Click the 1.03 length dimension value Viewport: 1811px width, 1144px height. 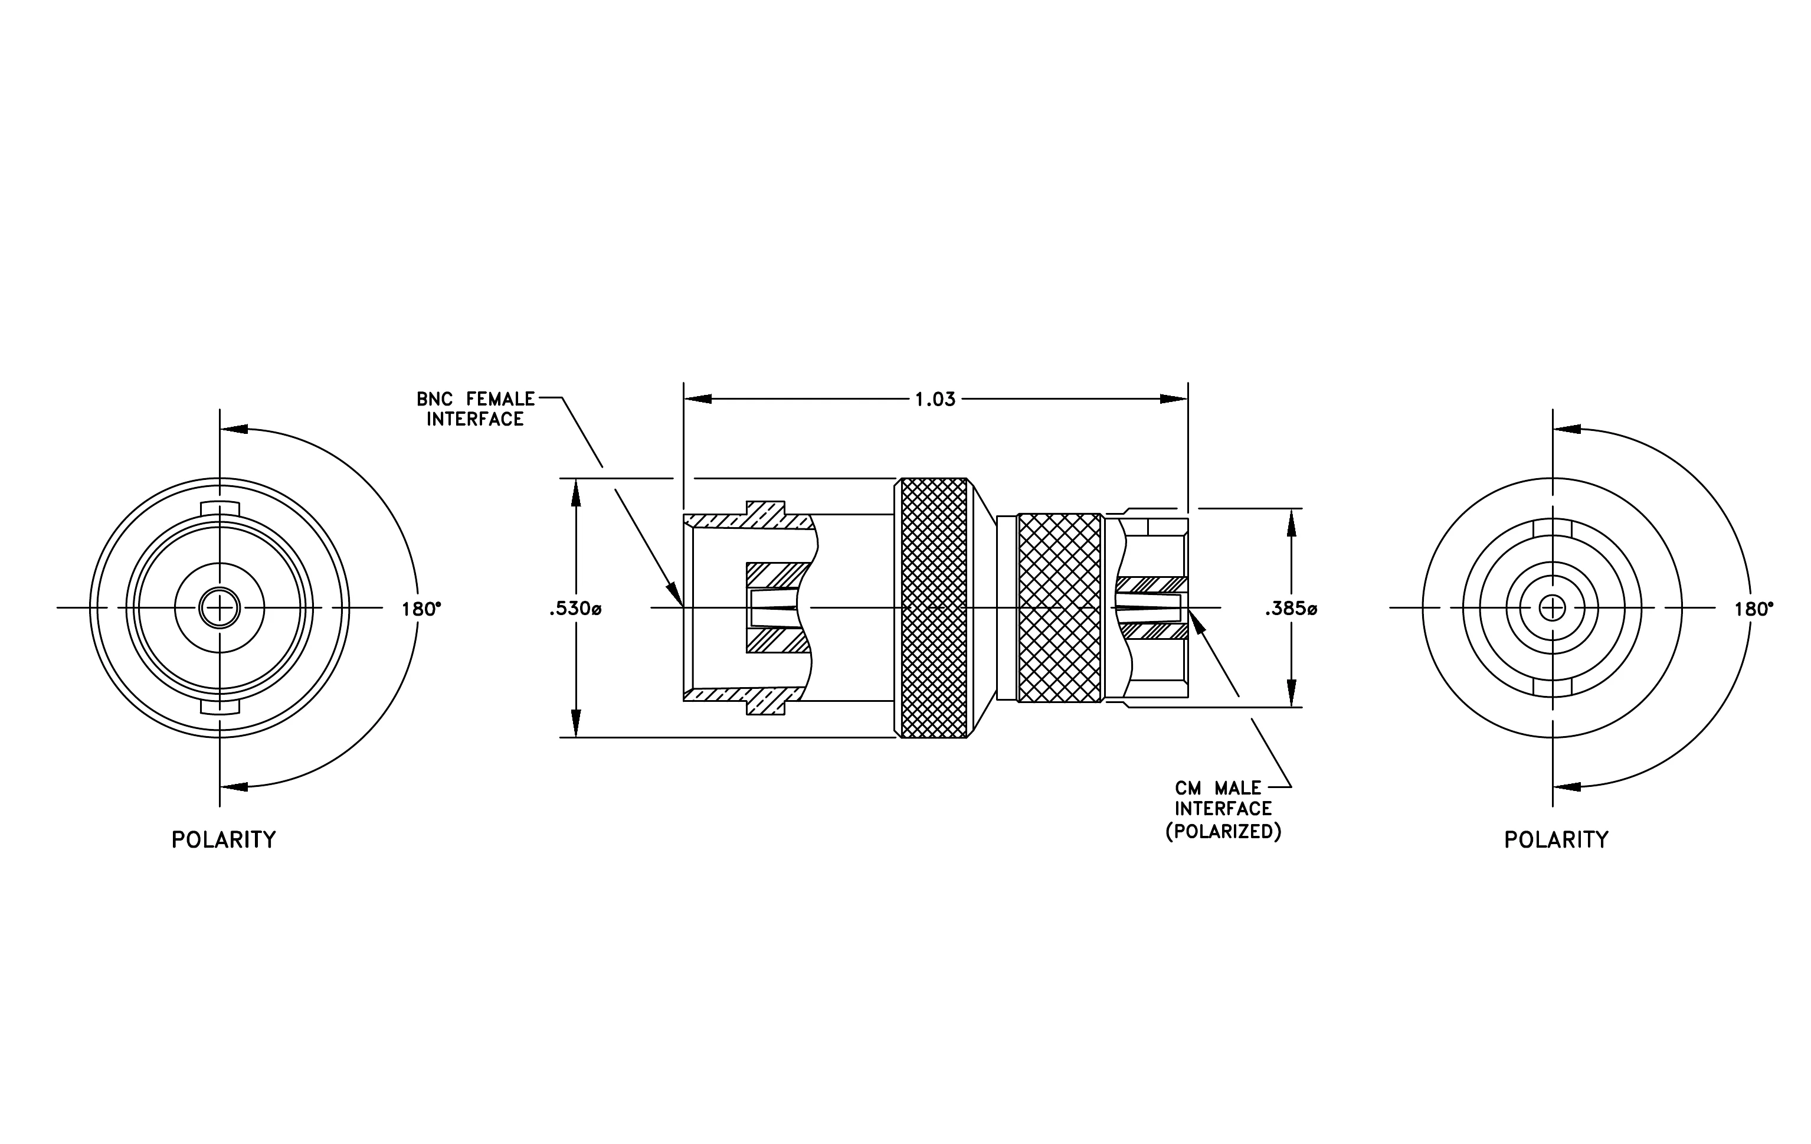click(935, 400)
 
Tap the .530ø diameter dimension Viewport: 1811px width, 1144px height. click(575, 609)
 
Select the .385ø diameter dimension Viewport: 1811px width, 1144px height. click(1291, 609)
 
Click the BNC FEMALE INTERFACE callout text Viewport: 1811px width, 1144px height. click(475, 409)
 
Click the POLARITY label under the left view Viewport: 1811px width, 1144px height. click(224, 839)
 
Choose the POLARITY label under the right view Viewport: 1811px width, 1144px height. click(1556, 839)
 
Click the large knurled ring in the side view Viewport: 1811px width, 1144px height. click(934, 608)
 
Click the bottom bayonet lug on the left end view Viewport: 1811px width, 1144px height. click(220, 707)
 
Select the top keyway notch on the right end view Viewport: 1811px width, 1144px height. click(1553, 527)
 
